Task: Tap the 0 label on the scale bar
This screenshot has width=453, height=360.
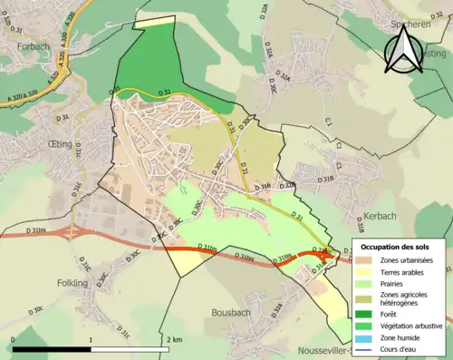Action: click(x=13, y=339)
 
